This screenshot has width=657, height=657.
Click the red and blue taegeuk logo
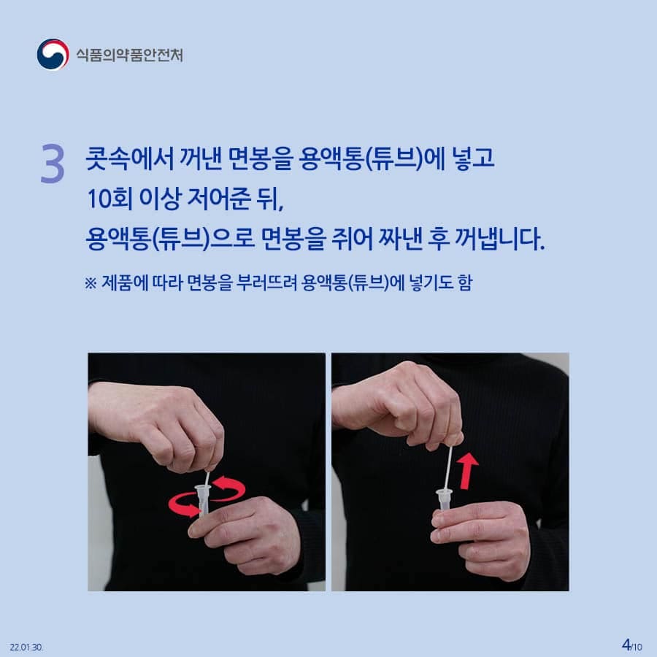pyautogui.click(x=53, y=55)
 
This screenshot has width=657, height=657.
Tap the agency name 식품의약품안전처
pyautogui.click(x=129, y=55)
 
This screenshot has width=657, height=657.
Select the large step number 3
pyautogui.click(x=53, y=164)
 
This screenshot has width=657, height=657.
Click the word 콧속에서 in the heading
pyautogui.click(x=129, y=159)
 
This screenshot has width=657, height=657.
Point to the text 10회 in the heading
pyautogui.click(x=110, y=199)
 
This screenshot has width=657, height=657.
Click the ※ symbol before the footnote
pyautogui.click(x=91, y=283)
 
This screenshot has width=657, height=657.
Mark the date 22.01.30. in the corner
pyautogui.click(x=26, y=647)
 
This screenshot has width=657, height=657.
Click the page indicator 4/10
pyautogui.click(x=631, y=645)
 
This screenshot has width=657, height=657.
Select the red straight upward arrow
pyautogui.click(x=466, y=470)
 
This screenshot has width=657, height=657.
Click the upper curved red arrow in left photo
pyautogui.click(x=228, y=488)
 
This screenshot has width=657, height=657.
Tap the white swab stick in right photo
pyautogui.click(x=448, y=468)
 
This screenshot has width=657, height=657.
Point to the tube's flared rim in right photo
pyautogui.click(x=444, y=493)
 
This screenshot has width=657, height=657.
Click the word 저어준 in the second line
pyautogui.click(x=218, y=199)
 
